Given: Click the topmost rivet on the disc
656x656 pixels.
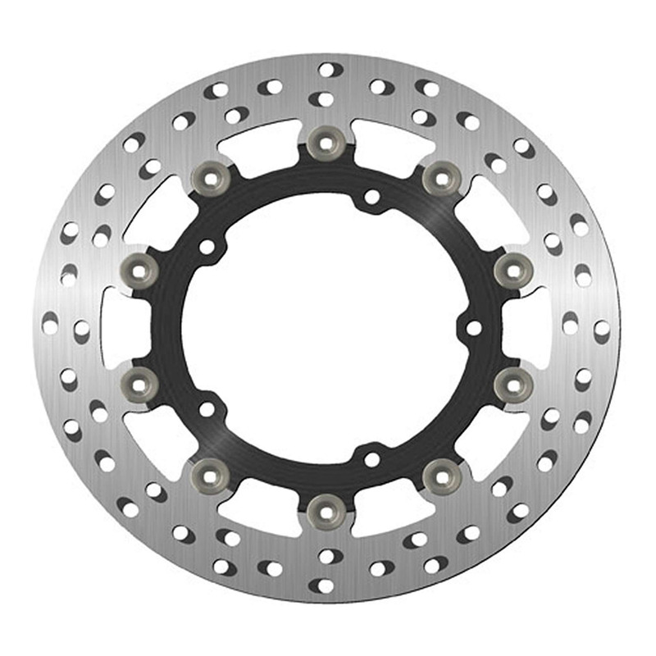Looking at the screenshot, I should [326, 143].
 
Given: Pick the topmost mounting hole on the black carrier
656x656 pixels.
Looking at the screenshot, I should [371, 198].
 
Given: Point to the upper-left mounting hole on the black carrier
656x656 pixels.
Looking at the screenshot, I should [207, 247].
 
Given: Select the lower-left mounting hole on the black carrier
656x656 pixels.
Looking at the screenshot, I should [207, 408].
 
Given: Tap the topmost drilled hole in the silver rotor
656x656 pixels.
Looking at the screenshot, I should [326, 70].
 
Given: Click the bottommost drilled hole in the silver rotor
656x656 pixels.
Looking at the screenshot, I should [326, 586].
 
